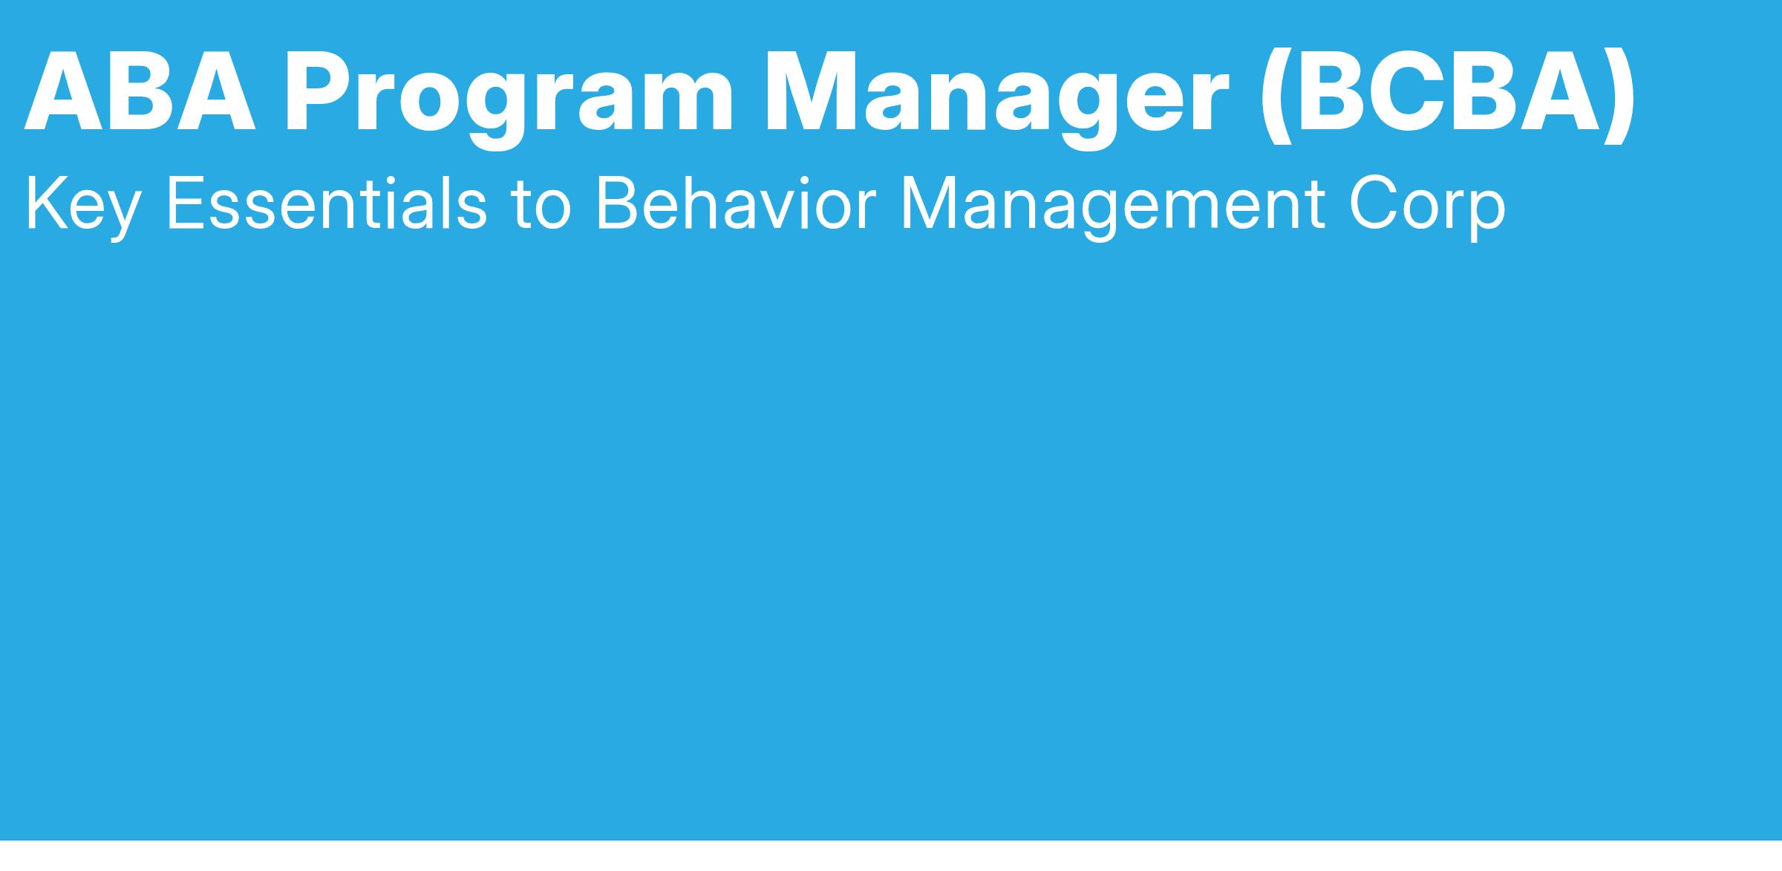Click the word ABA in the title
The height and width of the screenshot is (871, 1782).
tap(140, 91)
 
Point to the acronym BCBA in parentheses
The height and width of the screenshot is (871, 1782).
tap(1446, 91)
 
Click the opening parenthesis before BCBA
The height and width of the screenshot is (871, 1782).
tap(1276, 97)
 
